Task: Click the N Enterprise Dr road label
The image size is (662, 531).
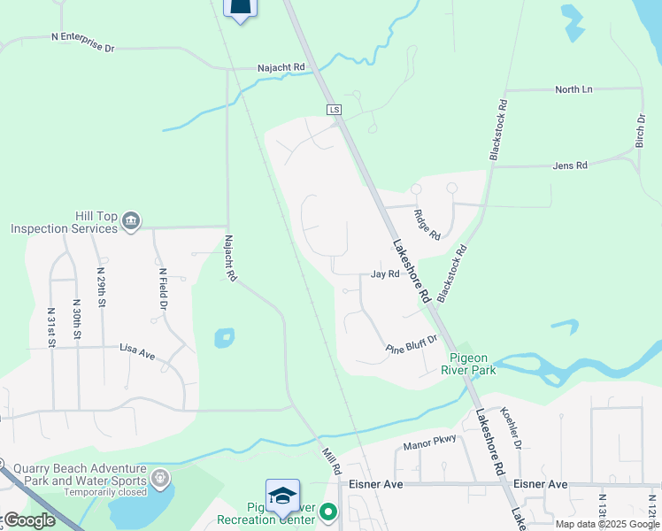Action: (83, 42)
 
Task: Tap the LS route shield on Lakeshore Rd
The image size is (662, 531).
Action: (334, 110)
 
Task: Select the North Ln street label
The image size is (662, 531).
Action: (573, 89)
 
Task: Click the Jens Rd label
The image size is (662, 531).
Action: (569, 165)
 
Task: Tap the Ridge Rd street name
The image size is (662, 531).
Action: (427, 224)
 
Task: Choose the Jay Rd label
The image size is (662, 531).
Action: (385, 274)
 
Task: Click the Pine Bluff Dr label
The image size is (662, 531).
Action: (412, 344)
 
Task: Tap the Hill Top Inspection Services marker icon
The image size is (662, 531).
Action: (131, 220)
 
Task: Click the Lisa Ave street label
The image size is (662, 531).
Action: (137, 351)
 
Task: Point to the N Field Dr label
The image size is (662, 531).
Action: (162, 289)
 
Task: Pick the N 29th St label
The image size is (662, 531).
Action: (102, 289)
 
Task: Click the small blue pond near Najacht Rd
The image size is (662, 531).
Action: (224, 338)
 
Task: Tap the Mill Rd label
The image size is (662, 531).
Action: (330, 460)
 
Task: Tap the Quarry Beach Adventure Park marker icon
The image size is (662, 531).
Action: (160, 479)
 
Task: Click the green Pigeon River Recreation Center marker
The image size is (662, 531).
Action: (328, 512)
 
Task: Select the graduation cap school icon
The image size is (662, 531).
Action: (282, 496)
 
